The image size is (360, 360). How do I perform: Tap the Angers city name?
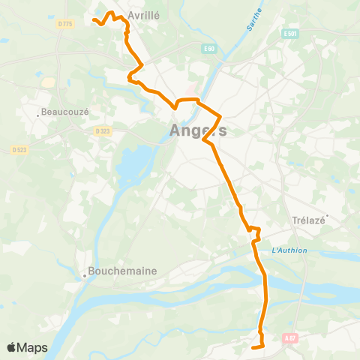(x=198, y=130)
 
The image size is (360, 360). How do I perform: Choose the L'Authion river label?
(x=289, y=250)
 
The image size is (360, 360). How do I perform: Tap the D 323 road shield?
(x=103, y=131)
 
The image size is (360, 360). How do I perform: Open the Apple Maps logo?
(x=26, y=347)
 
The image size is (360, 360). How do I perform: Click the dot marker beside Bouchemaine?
(x=85, y=275)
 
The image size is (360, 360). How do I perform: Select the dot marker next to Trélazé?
(x=327, y=217)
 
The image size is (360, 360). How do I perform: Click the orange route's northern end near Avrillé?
(x=93, y=20)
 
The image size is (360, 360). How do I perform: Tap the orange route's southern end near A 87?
(x=253, y=348)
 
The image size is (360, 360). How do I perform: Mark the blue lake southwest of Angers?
(x=135, y=161)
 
